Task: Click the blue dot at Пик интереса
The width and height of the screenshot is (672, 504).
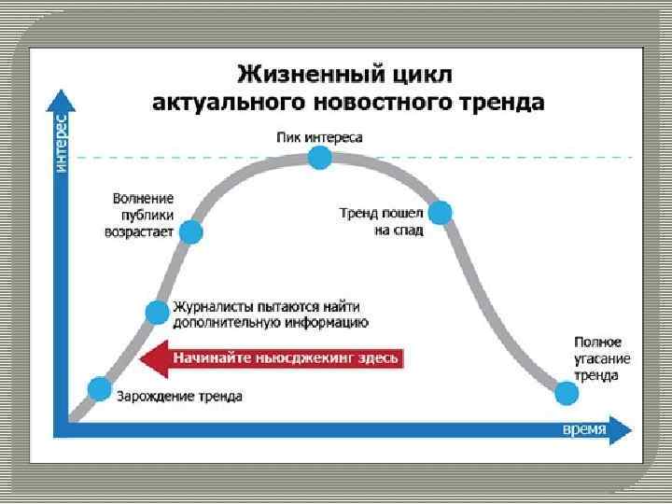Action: (319, 158)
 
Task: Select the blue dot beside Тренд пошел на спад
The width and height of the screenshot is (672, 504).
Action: (440, 213)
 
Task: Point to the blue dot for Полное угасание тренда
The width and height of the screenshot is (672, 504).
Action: (566, 393)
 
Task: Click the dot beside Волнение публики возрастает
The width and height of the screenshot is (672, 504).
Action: (190, 231)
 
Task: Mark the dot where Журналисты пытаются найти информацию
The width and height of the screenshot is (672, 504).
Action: (156, 313)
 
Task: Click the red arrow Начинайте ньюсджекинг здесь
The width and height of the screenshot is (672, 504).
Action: (271, 357)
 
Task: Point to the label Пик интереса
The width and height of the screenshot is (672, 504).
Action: (319, 136)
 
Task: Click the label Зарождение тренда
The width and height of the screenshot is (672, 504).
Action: (179, 396)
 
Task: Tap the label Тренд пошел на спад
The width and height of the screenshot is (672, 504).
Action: (381, 221)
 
